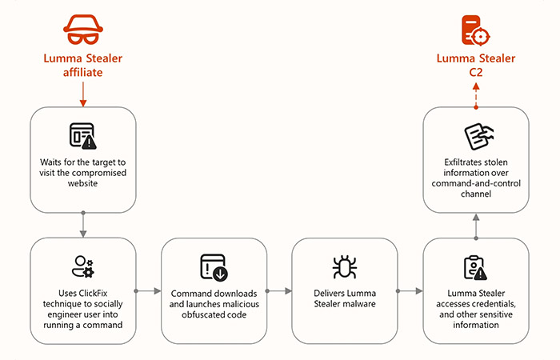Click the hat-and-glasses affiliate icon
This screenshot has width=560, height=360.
click(83, 30)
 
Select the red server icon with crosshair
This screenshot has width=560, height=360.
click(475, 30)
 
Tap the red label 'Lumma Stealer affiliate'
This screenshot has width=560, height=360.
click(83, 65)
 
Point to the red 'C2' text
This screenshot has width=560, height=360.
click(476, 72)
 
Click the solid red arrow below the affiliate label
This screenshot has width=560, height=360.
click(83, 94)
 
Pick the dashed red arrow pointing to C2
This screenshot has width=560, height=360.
click(476, 96)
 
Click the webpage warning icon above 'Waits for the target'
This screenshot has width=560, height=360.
click(83, 136)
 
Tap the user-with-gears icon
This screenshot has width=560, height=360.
click(83, 266)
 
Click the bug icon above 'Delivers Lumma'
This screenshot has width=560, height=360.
click(345, 266)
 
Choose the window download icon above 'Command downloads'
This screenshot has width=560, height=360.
click(214, 267)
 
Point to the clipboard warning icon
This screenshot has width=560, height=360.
click(475, 267)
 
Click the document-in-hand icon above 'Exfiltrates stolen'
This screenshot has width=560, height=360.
click(478, 137)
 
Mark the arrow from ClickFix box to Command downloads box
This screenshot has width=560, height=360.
click(148, 291)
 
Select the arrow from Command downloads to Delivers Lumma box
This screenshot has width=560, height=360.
click(279, 291)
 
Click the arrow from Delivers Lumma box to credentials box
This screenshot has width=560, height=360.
click(410, 291)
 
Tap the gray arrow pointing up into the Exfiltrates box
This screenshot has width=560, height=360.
click(476, 226)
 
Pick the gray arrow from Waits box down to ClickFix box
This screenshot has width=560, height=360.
click(83, 224)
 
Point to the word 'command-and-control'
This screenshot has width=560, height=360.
click(476, 183)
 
